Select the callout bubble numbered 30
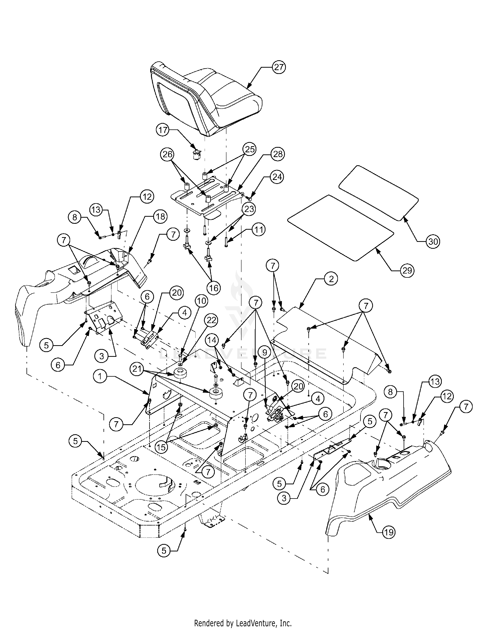pyautogui.click(x=433, y=242)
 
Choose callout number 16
pyautogui.click(x=214, y=288)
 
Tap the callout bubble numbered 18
pyautogui.click(x=160, y=216)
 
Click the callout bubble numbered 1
pyautogui.click(x=100, y=377)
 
